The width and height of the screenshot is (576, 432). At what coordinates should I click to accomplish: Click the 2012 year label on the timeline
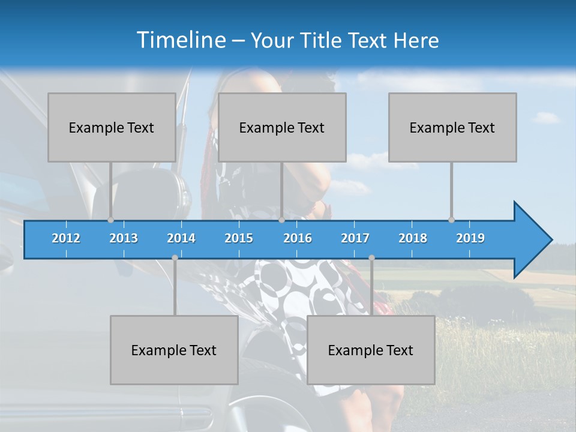pyautogui.click(x=66, y=238)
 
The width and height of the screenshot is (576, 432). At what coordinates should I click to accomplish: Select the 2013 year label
pyautogui.click(x=124, y=238)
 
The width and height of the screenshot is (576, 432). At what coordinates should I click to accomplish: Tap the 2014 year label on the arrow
pyautogui.click(x=181, y=238)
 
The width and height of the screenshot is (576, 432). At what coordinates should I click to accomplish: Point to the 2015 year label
pyautogui.click(x=239, y=238)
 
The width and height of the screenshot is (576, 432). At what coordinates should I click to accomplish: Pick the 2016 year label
pyautogui.click(x=298, y=238)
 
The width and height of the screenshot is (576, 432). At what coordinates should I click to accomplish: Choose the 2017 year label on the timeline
pyautogui.click(x=355, y=238)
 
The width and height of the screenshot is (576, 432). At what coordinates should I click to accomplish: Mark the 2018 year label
pyautogui.click(x=413, y=238)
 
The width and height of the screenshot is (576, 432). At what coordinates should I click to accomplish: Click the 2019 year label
pyautogui.click(x=470, y=238)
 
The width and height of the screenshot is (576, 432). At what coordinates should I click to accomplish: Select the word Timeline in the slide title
pyautogui.click(x=180, y=40)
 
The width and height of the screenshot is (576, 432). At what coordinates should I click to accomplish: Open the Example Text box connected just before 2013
pyautogui.click(x=112, y=127)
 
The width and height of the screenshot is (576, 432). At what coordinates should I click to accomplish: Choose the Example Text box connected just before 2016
pyautogui.click(x=282, y=127)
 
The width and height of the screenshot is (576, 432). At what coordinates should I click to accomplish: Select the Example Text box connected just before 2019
pyautogui.click(x=452, y=127)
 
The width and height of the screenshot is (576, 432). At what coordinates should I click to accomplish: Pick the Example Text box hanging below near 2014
pyautogui.click(x=174, y=350)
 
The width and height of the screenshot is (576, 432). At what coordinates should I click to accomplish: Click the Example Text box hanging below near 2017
pyautogui.click(x=371, y=350)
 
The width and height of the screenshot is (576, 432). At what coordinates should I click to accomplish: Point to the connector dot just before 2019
pyautogui.click(x=451, y=220)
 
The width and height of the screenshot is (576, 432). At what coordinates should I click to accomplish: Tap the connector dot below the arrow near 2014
pyautogui.click(x=175, y=257)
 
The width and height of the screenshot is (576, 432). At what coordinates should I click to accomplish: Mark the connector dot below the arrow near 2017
pyautogui.click(x=371, y=257)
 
